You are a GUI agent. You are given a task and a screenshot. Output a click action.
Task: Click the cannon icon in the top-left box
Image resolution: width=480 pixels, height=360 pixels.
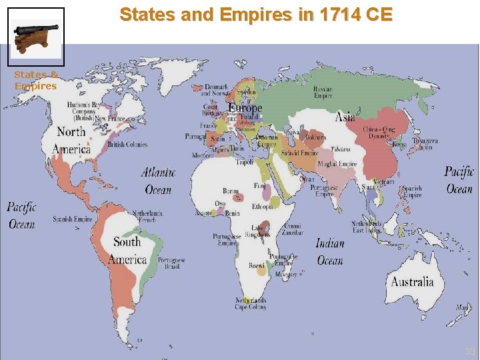pos(36,37)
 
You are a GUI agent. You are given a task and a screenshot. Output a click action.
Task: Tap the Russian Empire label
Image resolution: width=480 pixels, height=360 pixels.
pos(323,93)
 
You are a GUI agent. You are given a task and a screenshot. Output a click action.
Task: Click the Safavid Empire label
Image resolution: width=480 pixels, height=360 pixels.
pos(299,153)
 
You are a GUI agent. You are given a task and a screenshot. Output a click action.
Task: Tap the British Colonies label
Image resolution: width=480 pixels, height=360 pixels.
pos(127,144)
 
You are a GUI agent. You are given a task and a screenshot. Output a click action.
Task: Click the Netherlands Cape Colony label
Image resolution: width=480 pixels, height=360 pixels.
pos(250,304)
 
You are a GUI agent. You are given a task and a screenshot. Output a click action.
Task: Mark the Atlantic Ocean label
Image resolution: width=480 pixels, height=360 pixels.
pos(158,181)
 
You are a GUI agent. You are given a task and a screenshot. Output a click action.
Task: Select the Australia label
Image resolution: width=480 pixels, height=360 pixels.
pos(412,281)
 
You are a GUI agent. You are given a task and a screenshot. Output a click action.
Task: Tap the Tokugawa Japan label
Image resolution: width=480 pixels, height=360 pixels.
pos(425,144)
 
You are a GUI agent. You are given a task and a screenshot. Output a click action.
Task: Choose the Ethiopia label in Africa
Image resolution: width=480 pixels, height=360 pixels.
pos(262,207)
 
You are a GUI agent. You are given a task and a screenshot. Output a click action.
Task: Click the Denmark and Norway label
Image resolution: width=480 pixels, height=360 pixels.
pos(215,91)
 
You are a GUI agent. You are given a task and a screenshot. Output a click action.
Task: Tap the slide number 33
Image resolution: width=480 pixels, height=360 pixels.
pos(470,351)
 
